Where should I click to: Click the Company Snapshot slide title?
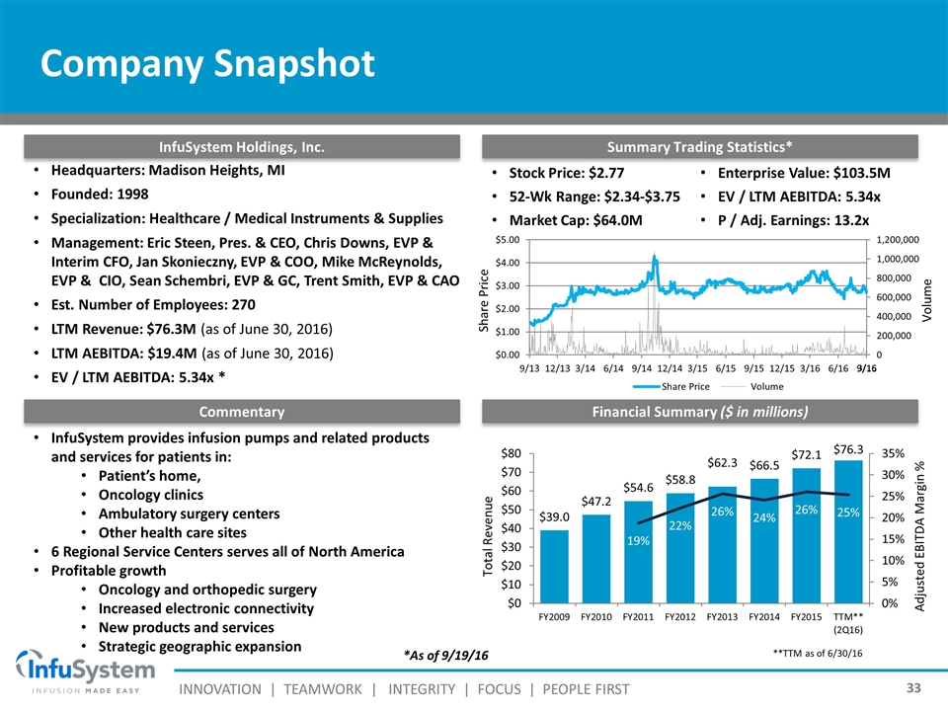coord(207,64)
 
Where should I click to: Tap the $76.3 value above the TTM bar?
coord(849,448)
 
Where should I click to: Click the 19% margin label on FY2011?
coord(638,541)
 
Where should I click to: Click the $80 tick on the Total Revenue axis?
coord(510,454)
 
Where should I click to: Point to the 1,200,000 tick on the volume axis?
coord(897,239)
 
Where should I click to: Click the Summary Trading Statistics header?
coord(700,147)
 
